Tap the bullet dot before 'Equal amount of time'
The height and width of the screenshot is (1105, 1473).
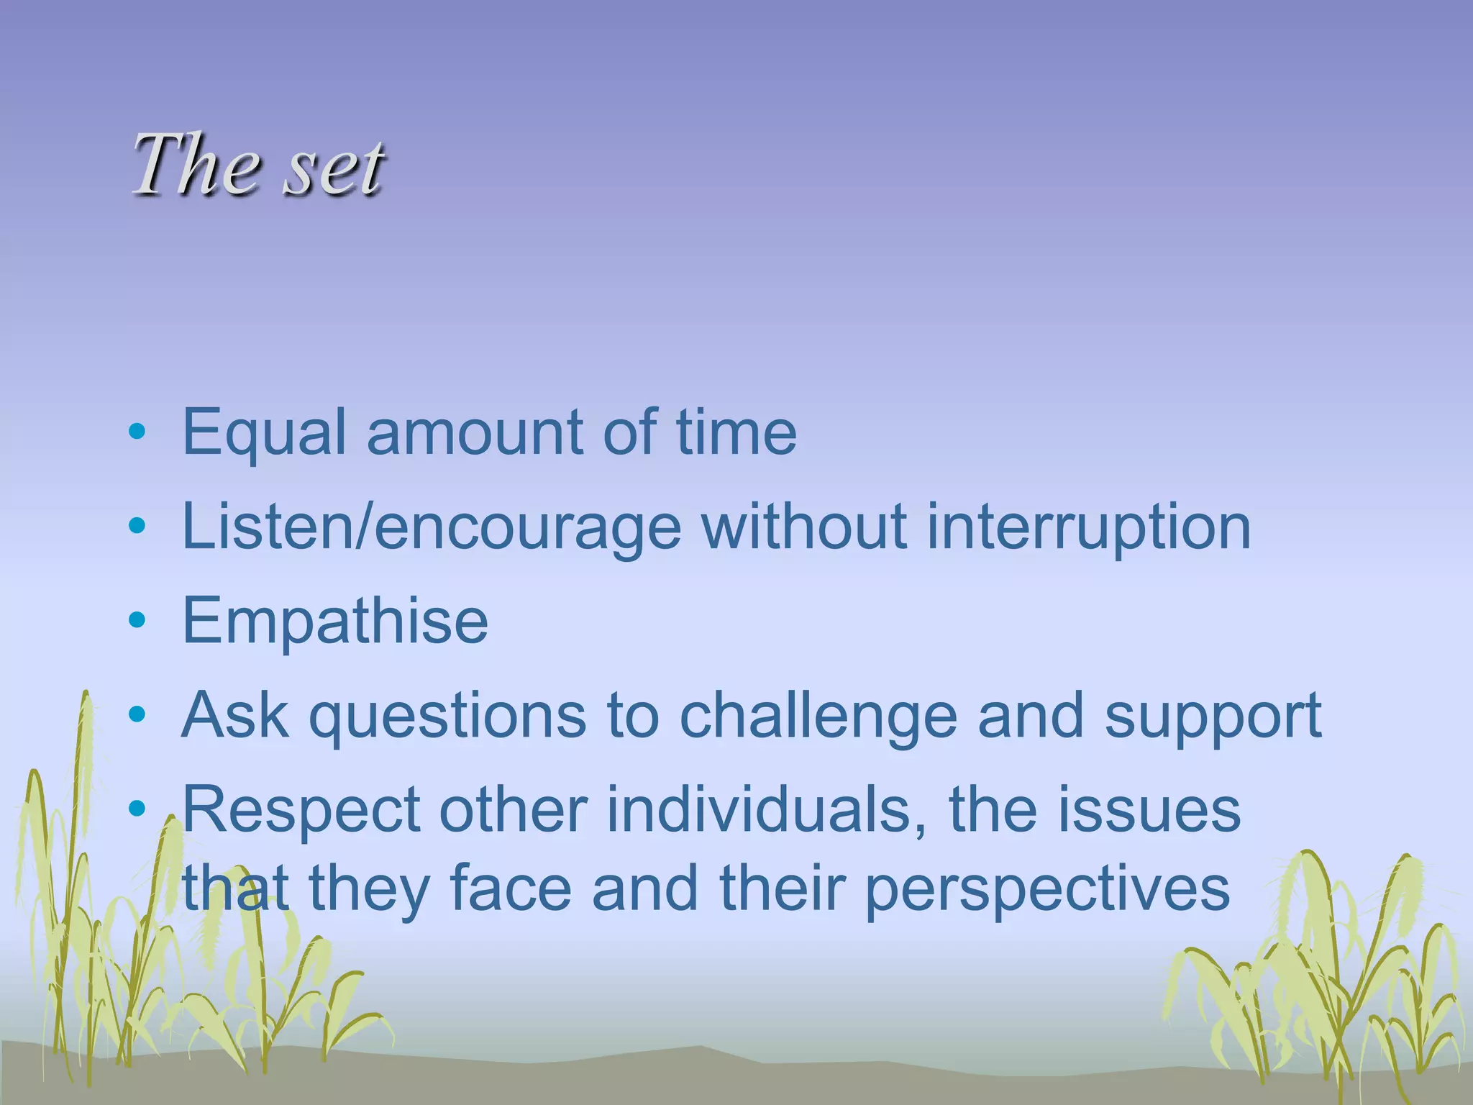click(137, 432)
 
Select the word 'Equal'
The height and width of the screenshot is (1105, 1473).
click(265, 434)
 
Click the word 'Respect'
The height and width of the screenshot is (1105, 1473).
click(301, 811)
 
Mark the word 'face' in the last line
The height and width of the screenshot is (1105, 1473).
click(511, 889)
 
